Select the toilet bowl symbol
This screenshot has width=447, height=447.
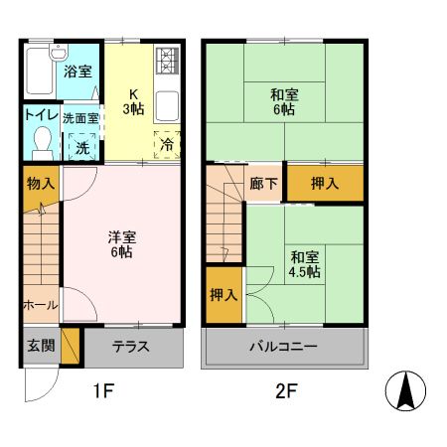click(x=41, y=143)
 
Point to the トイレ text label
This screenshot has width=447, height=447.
click(x=40, y=116)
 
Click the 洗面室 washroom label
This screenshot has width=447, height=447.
click(x=80, y=117)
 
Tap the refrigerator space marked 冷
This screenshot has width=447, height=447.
click(x=167, y=144)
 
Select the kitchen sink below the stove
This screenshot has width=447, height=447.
click(x=167, y=104)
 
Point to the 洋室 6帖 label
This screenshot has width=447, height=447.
click(x=122, y=244)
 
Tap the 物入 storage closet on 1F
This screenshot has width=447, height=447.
click(x=40, y=184)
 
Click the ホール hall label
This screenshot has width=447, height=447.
click(x=40, y=305)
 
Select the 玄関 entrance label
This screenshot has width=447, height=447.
click(x=40, y=347)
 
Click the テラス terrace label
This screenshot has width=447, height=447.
click(x=130, y=347)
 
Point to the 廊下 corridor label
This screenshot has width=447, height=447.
click(x=264, y=184)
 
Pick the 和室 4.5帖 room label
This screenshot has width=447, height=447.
click(x=305, y=261)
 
